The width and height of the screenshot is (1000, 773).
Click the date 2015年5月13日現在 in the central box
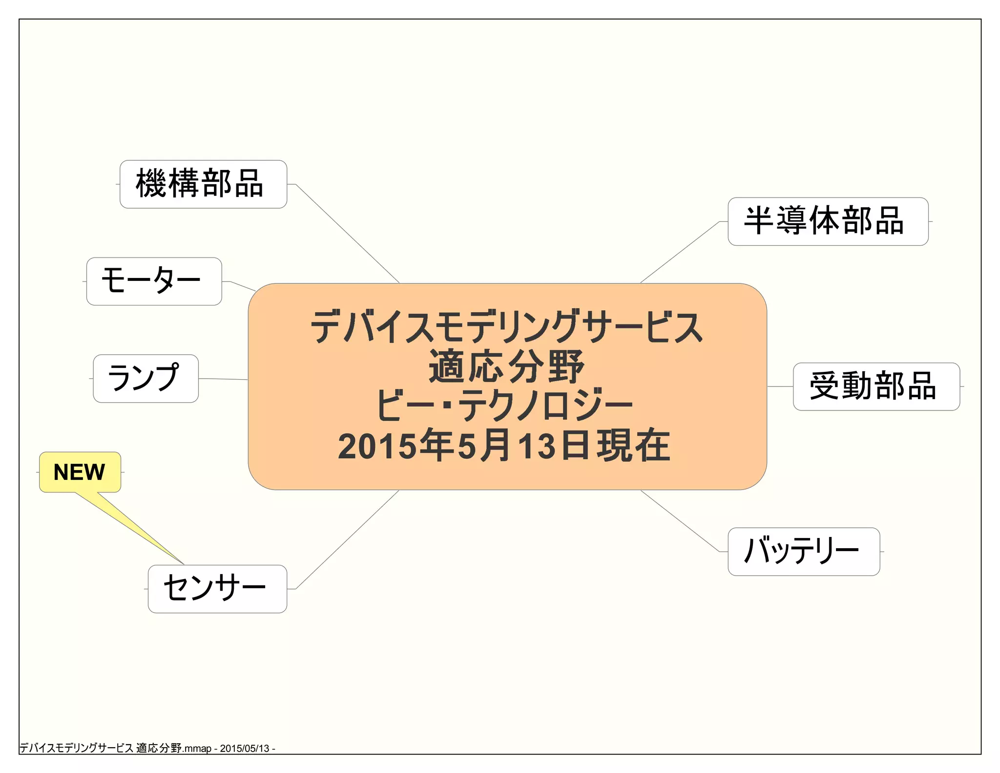pyautogui.click(x=504, y=446)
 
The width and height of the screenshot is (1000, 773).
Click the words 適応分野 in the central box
pyautogui.click(x=506, y=366)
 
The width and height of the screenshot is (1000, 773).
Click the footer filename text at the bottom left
pyautogui.click(x=146, y=748)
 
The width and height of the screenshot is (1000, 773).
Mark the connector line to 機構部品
pyautogui.click(x=348, y=234)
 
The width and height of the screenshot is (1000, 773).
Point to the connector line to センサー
pyautogui.click(x=348, y=539)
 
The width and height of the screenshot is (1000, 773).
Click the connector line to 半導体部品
pyautogui.click(x=680, y=252)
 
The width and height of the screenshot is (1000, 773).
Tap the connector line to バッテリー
pyautogui.click(x=680, y=521)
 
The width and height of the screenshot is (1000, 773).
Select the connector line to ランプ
pyautogui.click(x=223, y=379)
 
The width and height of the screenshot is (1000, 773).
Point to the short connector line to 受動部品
pyautogui.click(x=780, y=386)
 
